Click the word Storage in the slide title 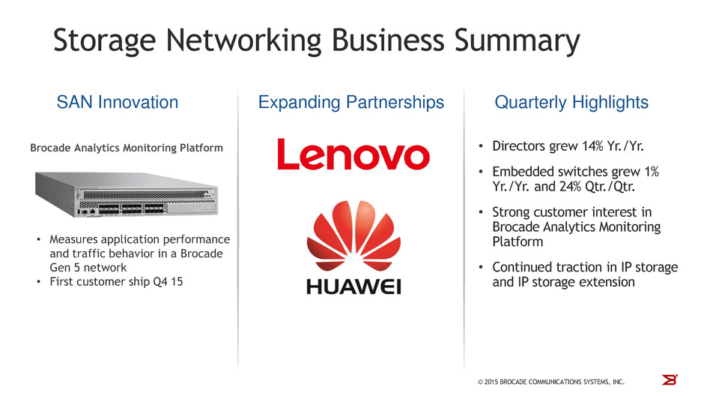(x=105, y=41)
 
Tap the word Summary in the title (x=517, y=41)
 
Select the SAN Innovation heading (x=118, y=103)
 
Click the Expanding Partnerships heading (x=351, y=103)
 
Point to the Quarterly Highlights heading (x=571, y=103)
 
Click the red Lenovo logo (x=353, y=154)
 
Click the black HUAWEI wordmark (x=353, y=286)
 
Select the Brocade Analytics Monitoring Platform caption (x=127, y=148)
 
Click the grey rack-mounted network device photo (x=127, y=194)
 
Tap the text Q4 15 (x=168, y=282)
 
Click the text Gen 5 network (x=88, y=268)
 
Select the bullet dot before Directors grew (x=481, y=146)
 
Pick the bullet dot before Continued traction (x=481, y=268)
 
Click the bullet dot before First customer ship (x=39, y=282)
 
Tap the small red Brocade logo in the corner (x=670, y=379)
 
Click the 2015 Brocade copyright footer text (x=551, y=382)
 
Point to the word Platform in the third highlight (x=518, y=241)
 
